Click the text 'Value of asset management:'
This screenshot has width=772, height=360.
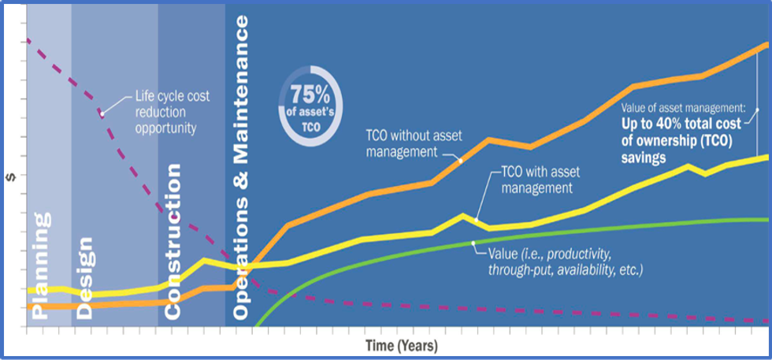click(683, 106)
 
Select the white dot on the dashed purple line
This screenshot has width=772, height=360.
click(102, 113)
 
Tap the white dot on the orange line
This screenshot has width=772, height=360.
click(461, 160)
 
